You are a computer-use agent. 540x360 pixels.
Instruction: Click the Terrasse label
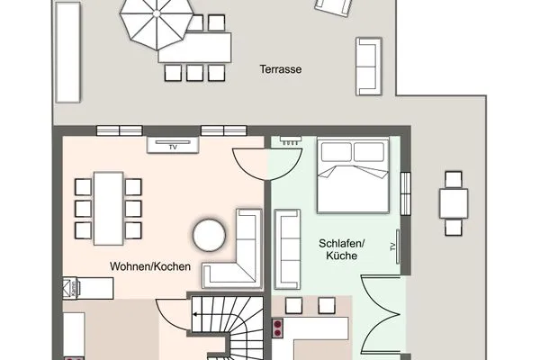coord(280,68)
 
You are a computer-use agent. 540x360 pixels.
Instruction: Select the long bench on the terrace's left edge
coord(67,53)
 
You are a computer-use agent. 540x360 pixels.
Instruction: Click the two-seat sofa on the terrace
coord(368,65)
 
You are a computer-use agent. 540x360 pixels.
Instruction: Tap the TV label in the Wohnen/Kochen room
coord(171,143)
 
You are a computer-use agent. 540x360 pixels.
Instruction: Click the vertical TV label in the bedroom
coord(392,247)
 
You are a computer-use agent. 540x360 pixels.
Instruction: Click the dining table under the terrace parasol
coord(194,47)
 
